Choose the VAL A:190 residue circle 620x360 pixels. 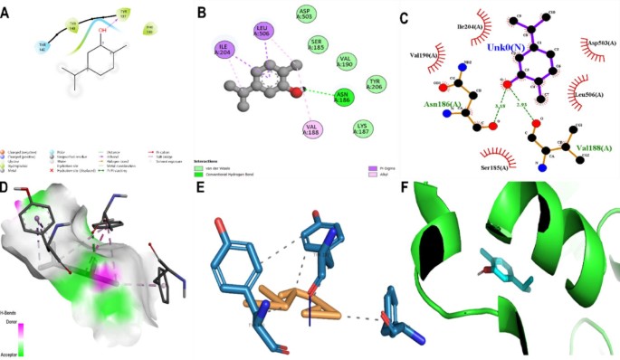pos(347,62)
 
